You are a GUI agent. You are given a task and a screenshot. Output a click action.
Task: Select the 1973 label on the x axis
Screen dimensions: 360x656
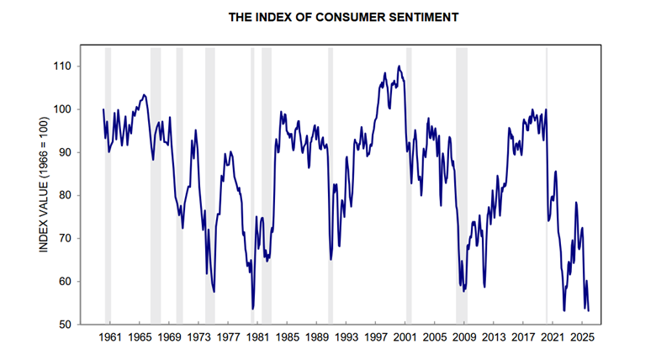click(198, 338)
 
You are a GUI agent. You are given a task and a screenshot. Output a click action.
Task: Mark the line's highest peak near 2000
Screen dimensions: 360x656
click(399, 66)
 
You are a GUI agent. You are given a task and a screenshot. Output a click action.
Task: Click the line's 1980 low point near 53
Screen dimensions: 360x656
click(252, 309)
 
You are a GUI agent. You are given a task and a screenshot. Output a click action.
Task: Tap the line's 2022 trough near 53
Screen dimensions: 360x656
click(564, 310)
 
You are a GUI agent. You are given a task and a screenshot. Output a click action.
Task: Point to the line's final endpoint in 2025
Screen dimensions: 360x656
click(589, 310)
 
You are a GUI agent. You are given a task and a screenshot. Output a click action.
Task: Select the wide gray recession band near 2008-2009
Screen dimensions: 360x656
click(462, 185)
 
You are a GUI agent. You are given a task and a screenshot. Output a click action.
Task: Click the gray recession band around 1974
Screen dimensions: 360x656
click(209, 185)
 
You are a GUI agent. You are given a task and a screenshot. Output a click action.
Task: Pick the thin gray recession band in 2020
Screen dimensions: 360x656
click(547, 185)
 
